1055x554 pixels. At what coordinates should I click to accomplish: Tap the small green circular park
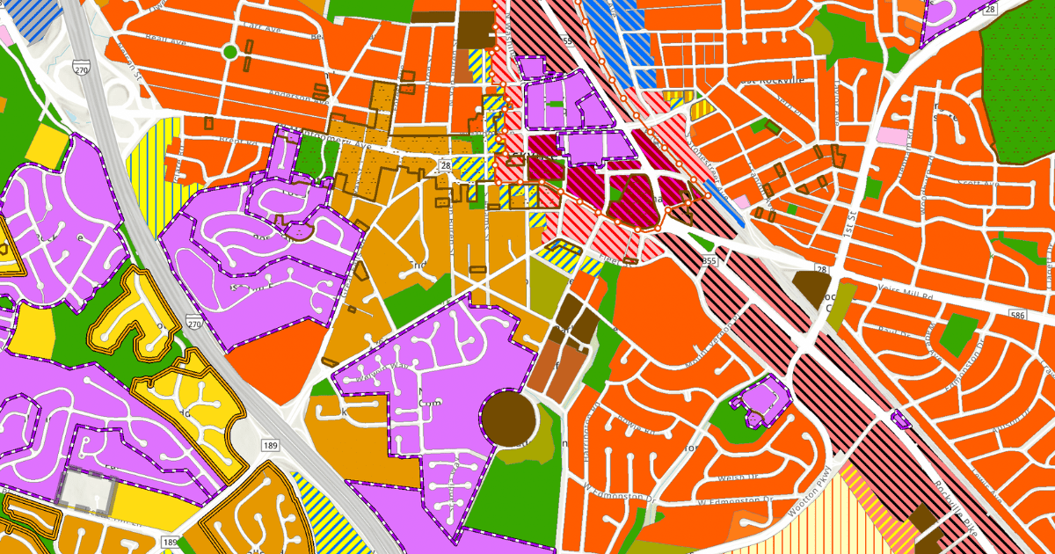coord(229,52)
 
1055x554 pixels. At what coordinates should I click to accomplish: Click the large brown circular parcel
coord(508,417)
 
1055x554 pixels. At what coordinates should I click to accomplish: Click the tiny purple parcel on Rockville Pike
coord(899,419)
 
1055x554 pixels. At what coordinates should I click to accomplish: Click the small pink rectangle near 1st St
coord(891,136)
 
